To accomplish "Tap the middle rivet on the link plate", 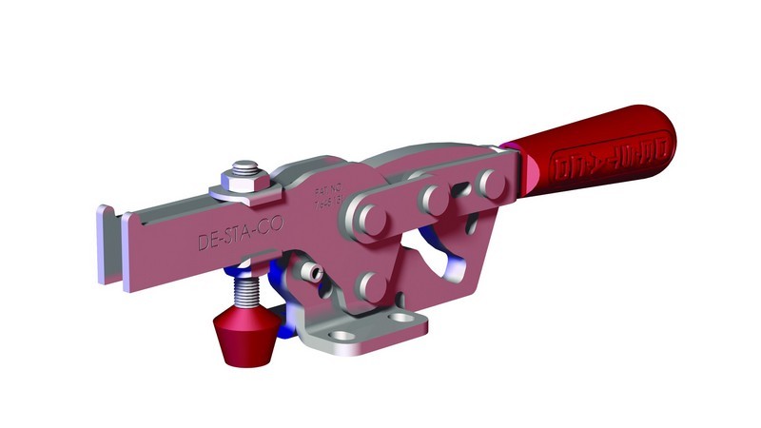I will pos(437,198).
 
